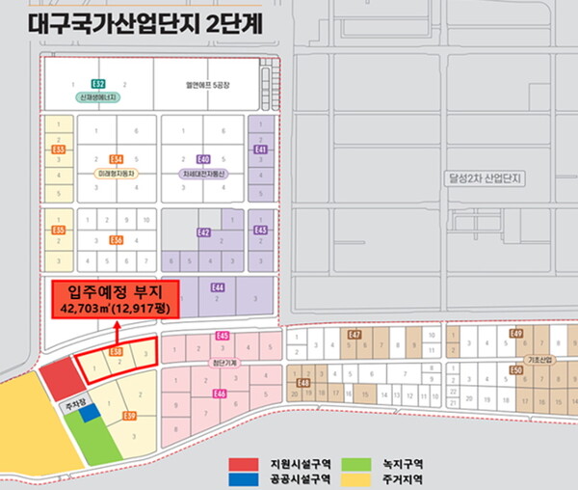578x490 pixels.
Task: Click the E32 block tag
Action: pos(98,85)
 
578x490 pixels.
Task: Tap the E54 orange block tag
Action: pos(117,158)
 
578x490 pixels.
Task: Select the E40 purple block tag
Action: pos(203,158)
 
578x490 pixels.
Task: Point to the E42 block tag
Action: pos(204,232)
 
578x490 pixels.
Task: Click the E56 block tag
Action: pos(117,239)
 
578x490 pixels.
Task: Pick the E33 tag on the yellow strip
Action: pos(59,150)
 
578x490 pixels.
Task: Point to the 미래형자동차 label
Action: pos(117,173)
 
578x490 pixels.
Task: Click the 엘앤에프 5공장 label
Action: pos(204,85)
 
